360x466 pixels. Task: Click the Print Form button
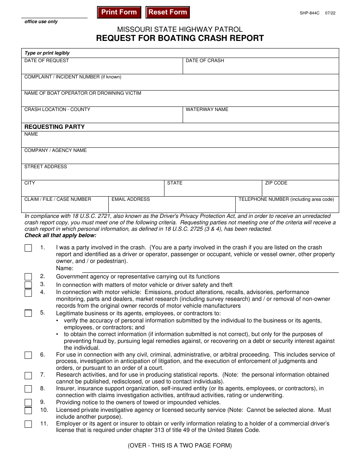(x=119, y=12)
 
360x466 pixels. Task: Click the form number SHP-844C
(x=310, y=13)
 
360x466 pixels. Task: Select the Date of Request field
(x=102, y=68)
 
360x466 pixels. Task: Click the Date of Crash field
(x=261, y=68)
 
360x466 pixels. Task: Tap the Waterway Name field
(x=261, y=117)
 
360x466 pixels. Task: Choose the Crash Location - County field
(x=102, y=117)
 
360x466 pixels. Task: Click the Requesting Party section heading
(x=55, y=127)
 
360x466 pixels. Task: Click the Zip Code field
(x=301, y=190)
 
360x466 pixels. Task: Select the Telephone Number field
(x=287, y=206)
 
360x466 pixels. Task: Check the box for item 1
(x=28, y=248)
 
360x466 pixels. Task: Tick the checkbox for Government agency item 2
(x=28, y=277)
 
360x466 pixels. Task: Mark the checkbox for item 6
(x=28, y=355)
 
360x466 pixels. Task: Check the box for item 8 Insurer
(x=28, y=389)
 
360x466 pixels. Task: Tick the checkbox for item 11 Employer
(x=28, y=424)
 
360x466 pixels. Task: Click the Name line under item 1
(x=210, y=269)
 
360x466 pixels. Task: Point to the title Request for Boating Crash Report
(x=180, y=38)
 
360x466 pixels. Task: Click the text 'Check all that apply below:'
(x=61, y=236)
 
